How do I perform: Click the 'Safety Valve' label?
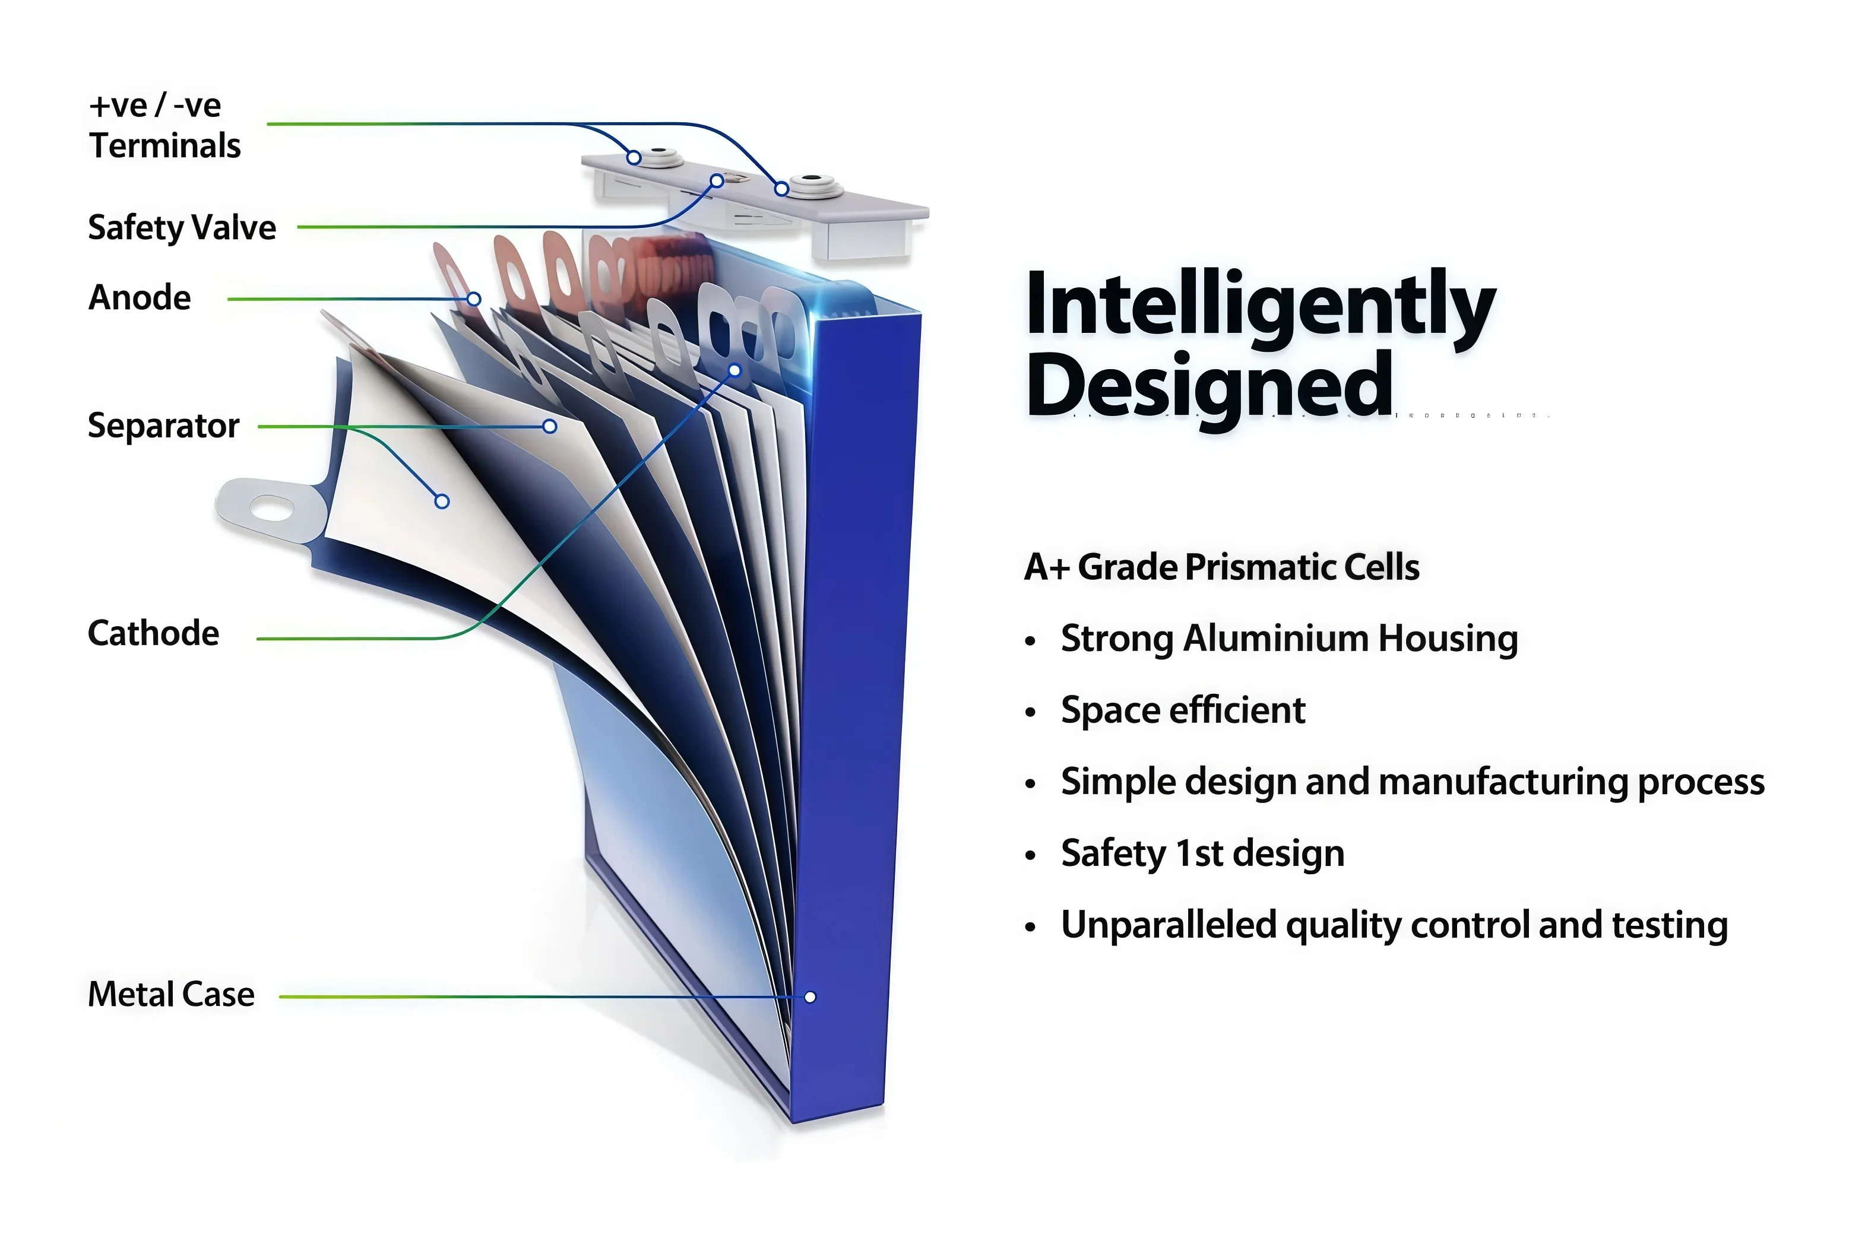[x=182, y=228]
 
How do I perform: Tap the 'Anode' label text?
[x=139, y=298]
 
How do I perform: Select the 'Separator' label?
[x=163, y=426]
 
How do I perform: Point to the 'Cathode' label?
[x=153, y=633]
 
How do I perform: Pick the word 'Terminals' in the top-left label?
[x=165, y=146]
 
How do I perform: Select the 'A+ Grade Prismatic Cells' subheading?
[x=1222, y=567]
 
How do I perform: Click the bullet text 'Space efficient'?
[x=1183, y=710]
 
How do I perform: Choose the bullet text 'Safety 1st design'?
[x=1202, y=853]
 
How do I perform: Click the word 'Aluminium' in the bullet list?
[x=1274, y=638]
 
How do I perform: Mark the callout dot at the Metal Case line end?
[x=810, y=997]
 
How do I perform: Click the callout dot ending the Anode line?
[x=474, y=299]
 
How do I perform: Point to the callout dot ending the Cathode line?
[x=734, y=370]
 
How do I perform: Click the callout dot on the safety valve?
[x=717, y=181]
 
